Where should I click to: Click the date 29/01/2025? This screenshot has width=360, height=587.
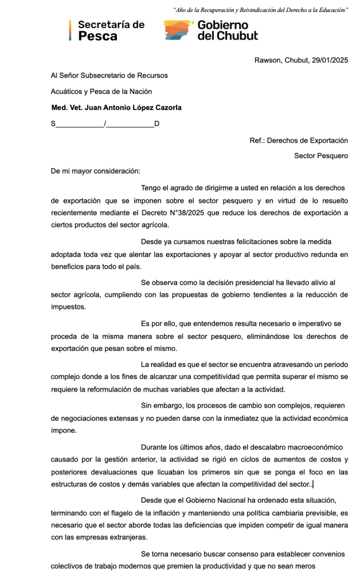[328, 60]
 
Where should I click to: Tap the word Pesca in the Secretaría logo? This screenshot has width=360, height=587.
[97, 36]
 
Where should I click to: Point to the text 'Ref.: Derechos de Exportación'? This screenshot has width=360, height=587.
[299, 140]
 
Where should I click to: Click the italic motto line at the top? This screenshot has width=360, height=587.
[260, 10]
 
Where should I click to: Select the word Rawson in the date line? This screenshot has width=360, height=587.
[267, 60]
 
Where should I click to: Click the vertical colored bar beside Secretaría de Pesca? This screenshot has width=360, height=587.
[70, 30]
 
